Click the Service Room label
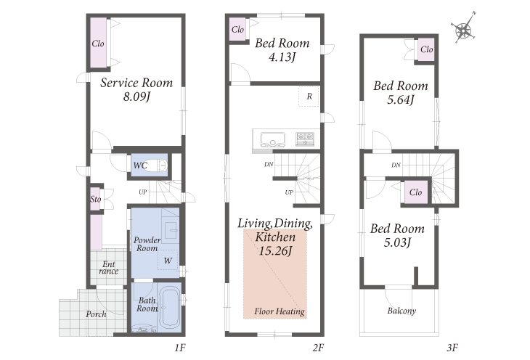click(x=136, y=83)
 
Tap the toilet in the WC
click(x=157, y=165)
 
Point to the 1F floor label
click(x=180, y=348)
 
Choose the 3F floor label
click(x=452, y=348)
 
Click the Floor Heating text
click(x=280, y=311)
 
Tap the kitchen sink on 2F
click(x=273, y=139)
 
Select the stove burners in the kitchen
click(x=305, y=139)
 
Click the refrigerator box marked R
click(x=309, y=97)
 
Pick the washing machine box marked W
click(x=168, y=260)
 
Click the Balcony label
click(x=401, y=311)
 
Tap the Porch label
click(x=96, y=314)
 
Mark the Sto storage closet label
click(x=96, y=199)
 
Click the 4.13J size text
click(x=282, y=57)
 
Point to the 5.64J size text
click(x=401, y=99)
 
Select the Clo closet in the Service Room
click(x=98, y=43)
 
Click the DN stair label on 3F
click(x=396, y=165)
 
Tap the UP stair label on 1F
click(x=142, y=192)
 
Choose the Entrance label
click(x=109, y=267)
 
